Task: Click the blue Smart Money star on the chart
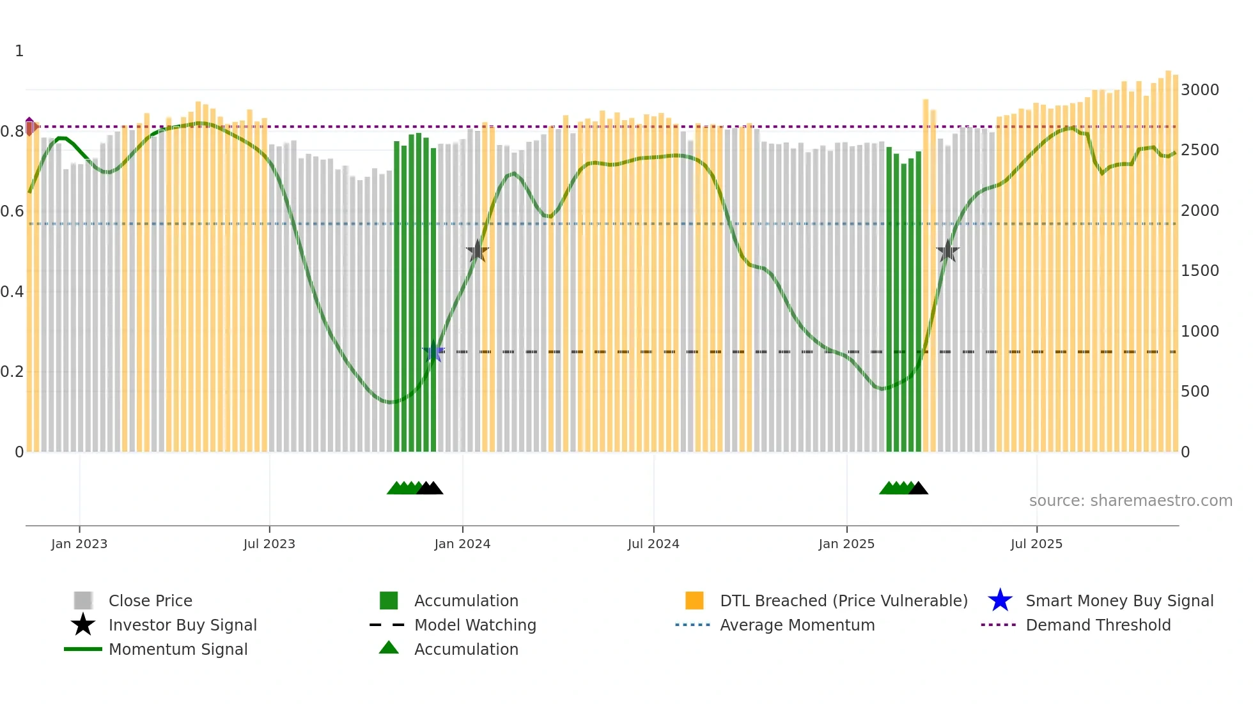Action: point(433,351)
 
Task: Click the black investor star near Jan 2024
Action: point(477,251)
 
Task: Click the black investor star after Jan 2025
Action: point(947,251)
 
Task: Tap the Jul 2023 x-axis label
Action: point(269,544)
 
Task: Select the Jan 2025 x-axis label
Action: point(846,544)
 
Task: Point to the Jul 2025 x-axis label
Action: point(1036,544)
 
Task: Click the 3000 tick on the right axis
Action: point(1199,89)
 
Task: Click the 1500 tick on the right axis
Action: point(1199,271)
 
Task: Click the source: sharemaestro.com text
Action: point(1130,501)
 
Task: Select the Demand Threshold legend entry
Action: point(1098,625)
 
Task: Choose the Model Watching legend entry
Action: point(475,625)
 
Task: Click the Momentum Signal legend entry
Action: point(178,649)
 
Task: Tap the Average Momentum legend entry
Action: point(797,625)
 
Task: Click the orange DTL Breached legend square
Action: point(694,601)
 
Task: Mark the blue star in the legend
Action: point(1000,601)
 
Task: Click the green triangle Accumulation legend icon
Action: point(389,648)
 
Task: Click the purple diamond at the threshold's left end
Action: point(29,126)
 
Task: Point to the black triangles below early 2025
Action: point(919,489)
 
